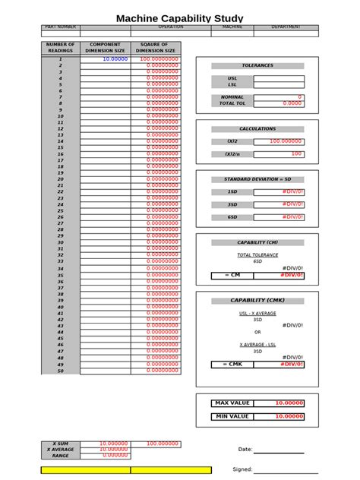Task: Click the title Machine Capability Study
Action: [179, 17]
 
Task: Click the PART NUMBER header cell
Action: [60, 27]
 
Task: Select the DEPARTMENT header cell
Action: [286, 27]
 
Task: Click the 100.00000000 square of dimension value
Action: [157, 58]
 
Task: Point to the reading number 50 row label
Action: [60, 371]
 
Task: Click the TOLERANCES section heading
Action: [257, 66]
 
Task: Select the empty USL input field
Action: [279, 78]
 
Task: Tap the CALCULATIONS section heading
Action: [257, 129]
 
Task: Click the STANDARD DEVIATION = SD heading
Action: [257, 179]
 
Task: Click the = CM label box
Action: [232, 274]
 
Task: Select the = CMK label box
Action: [232, 365]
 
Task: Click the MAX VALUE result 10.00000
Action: [289, 403]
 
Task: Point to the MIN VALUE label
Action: [232, 416]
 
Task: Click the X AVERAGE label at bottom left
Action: [60, 449]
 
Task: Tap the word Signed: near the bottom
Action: [242, 469]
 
